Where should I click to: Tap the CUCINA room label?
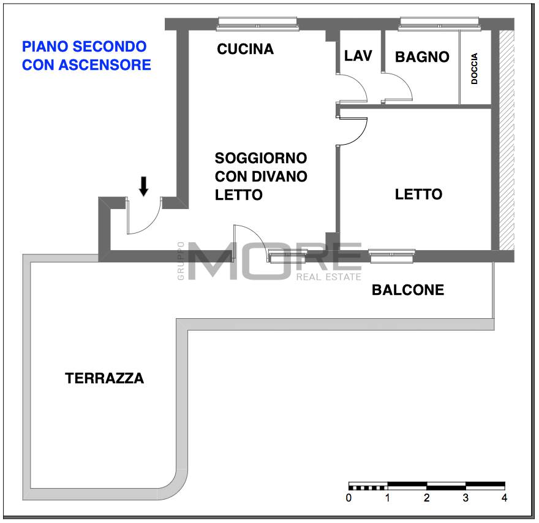245,50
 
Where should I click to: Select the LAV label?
358,56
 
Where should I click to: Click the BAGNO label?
422,57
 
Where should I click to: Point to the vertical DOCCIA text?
475,69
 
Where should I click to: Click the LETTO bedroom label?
418,194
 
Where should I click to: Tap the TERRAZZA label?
105,378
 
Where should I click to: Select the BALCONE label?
408,290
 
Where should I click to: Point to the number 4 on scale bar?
504,498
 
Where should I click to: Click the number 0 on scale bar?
349,498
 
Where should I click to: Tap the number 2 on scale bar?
426,498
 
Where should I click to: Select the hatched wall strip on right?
506,141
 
